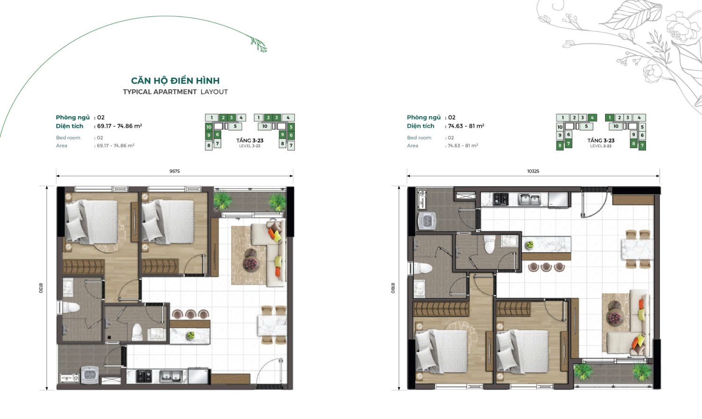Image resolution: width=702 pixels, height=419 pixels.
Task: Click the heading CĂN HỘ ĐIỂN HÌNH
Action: [175, 80]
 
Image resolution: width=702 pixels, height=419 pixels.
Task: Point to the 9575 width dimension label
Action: [175, 171]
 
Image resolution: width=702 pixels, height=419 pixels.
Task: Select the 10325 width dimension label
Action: [533, 171]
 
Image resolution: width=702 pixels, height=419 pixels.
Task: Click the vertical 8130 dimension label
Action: [41, 288]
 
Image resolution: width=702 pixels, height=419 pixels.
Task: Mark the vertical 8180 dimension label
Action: [393, 288]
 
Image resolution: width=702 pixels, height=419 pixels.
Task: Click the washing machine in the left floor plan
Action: [90, 375]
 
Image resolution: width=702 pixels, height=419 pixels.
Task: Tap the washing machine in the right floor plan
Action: [427, 221]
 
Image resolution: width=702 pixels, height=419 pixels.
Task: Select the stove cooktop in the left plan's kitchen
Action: [144, 376]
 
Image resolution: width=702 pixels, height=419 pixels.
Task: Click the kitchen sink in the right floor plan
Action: [529, 199]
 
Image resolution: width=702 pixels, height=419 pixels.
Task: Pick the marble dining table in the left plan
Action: [272, 325]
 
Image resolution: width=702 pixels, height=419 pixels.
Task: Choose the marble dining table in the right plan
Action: [637, 249]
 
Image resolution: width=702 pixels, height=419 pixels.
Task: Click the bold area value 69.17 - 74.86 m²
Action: [118, 126]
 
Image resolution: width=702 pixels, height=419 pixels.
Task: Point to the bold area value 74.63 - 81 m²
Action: [466, 126]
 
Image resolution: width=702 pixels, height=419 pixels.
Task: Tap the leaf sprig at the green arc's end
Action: [259, 44]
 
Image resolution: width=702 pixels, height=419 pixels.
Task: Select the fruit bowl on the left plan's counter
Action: [190, 336]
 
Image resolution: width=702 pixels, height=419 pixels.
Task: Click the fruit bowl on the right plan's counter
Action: [529, 245]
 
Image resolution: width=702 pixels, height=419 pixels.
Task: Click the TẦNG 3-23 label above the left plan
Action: [250, 141]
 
